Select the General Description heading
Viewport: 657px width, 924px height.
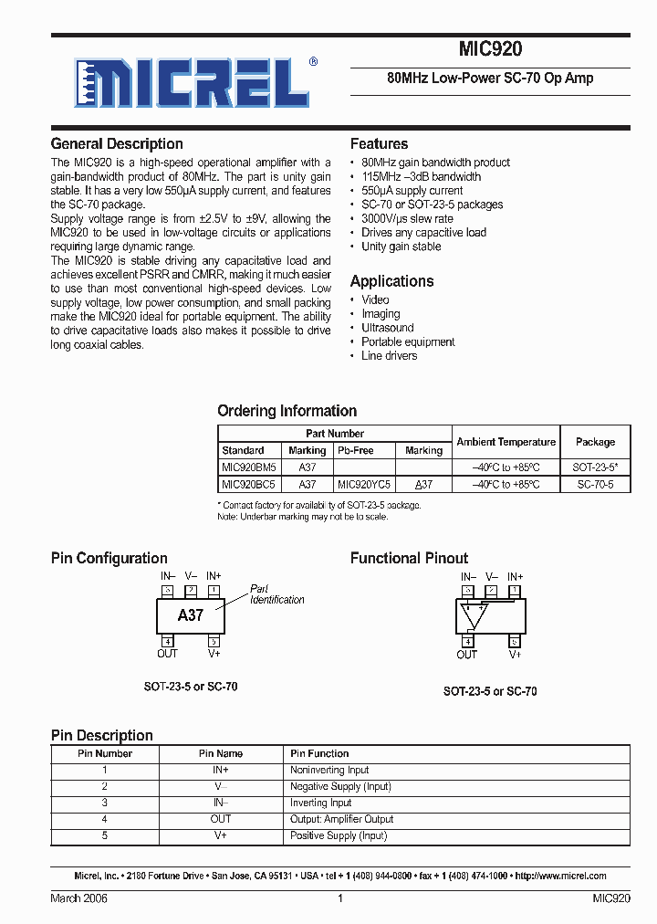117,144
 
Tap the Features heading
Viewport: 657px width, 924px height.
379,144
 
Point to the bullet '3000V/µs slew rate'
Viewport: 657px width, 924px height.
407,219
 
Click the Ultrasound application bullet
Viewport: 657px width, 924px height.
388,328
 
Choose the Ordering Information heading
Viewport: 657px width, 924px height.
287,411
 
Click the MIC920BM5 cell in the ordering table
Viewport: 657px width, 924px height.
249,467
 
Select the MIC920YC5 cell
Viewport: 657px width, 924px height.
364,485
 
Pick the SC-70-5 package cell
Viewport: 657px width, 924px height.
595,485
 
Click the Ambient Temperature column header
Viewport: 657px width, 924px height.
506,442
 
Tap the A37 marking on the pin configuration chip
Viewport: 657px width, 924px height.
191,615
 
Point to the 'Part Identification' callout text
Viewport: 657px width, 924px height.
277,594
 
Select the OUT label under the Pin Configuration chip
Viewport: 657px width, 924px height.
167,654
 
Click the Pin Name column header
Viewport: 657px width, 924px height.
221,754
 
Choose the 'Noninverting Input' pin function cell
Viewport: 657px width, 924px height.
329,771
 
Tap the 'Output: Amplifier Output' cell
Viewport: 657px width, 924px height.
341,820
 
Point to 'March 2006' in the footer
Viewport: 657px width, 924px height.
79,898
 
